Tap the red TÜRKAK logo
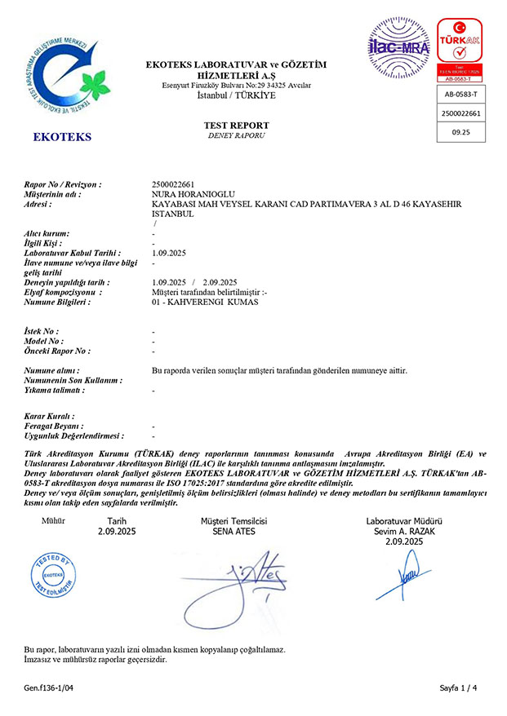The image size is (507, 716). coord(461,47)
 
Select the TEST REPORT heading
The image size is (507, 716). coord(236,125)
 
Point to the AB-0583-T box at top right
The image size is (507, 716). coord(461,95)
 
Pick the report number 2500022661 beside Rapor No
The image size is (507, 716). coord(173,184)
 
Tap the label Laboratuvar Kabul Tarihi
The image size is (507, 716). coord(73,254)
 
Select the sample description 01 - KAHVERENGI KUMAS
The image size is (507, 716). coord(205,302)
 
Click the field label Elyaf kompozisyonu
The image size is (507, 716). coord(62,292)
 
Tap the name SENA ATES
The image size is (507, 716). coord(233,532)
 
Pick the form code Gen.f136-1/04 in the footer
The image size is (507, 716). coord(49,688)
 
